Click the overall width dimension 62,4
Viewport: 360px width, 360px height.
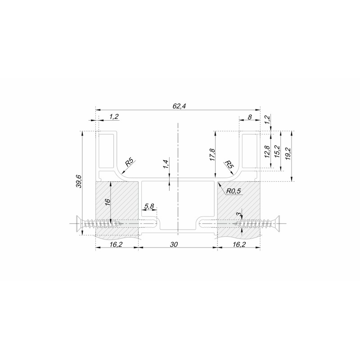(x=179, y=106)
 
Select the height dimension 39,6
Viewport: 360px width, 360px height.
(x=79, y=181)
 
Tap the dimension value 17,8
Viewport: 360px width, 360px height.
(x=212, y=155)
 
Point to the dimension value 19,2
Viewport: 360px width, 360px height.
(x=288, y=153)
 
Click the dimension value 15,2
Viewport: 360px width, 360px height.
(x=277, y=151)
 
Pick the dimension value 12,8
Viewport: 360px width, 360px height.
(x=267, y=152)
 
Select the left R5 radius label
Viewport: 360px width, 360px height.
(x=130, y=163)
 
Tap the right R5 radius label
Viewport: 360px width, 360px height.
(x=229, y=164)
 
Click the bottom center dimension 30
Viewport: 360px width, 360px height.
(x=174, y=244)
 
